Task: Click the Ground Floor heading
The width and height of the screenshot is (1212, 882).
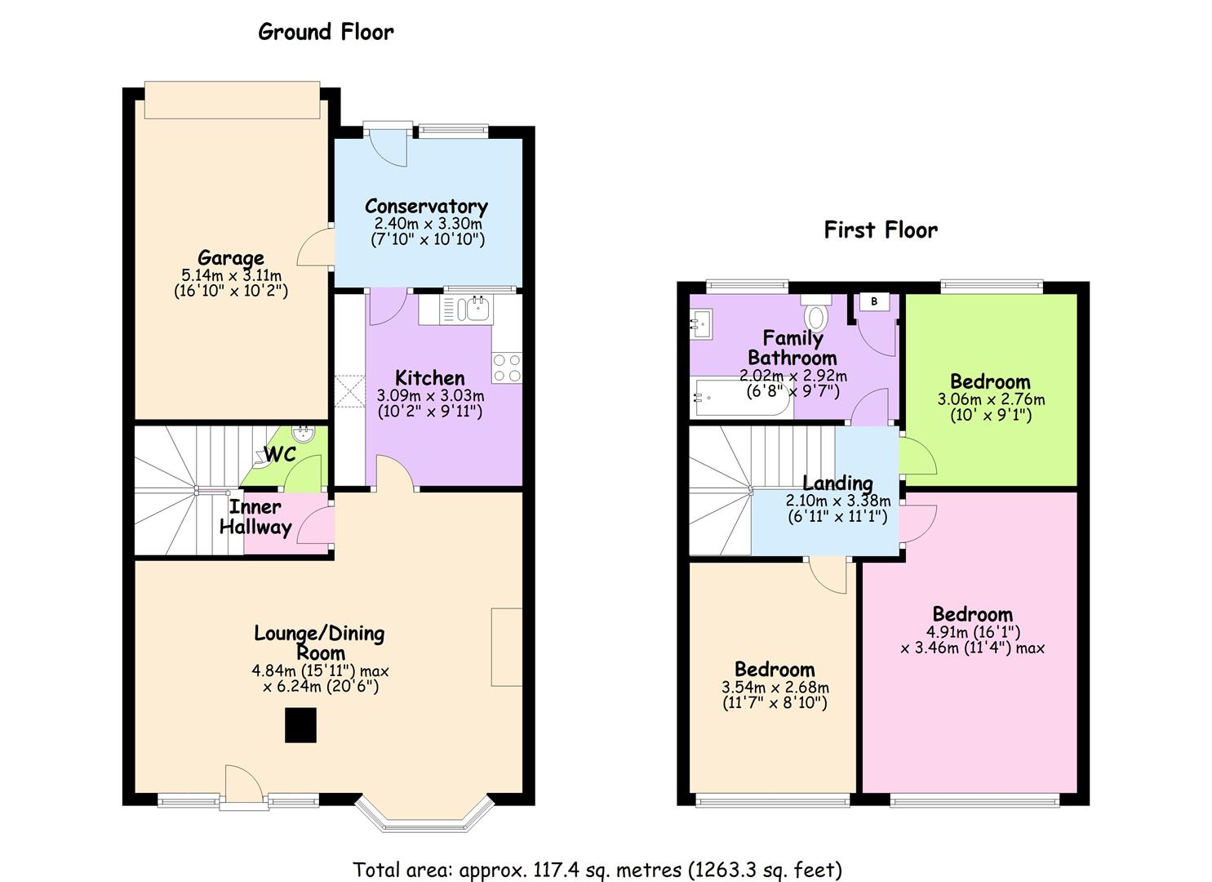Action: (326, 32)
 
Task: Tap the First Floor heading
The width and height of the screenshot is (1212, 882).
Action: (881, 230)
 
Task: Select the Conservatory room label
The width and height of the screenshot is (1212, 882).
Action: (426, 207)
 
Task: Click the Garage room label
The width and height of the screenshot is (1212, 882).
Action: (230, 257)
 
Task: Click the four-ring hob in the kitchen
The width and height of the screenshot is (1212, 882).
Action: (507, 368)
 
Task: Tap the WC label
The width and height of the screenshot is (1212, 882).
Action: (280, 455)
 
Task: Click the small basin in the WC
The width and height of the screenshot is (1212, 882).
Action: (303, 433)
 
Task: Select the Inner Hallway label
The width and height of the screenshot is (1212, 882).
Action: (255, 517)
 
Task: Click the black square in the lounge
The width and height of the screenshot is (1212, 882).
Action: (300, 725)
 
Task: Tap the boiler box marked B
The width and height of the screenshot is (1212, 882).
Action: (874, 301)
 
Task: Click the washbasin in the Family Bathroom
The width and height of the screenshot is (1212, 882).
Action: (702, 323)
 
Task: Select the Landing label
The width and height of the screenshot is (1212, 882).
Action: (837, 483)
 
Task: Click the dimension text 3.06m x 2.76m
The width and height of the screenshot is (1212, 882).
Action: (991, 399)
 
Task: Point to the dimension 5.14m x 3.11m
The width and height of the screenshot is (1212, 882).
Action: (231, 275)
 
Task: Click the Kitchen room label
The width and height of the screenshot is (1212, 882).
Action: (429, 378)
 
